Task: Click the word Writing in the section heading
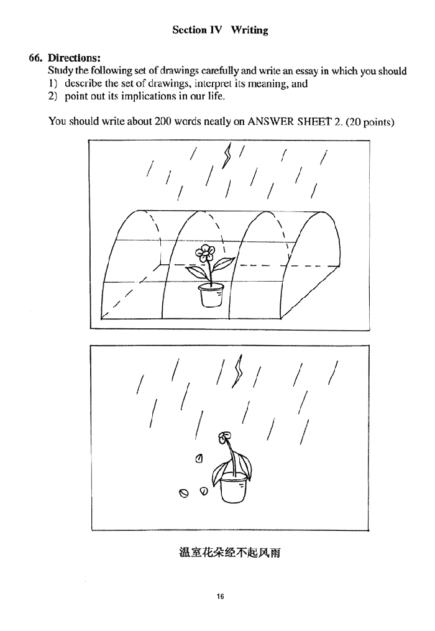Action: pyautogui.click(x=249, y=30)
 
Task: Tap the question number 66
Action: pyautogui.click(x=36, y=58)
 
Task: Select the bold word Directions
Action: pyautogui.click(x=74, y=58)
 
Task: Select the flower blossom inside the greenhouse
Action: pyautogui.click(x=205, y=252)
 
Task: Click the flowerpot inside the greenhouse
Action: pyautogui.click(x=211, y=295)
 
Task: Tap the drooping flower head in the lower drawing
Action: pyautogui.click(x=224, y=438)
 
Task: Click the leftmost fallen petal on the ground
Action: pyautogui.click(x=183, y=493)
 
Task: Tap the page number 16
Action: pyautogui.click(x=220, y=596)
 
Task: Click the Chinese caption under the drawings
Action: pyautogui.click(x=230, y=553)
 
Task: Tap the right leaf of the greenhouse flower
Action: pyautogui.click(x=223, y=265)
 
